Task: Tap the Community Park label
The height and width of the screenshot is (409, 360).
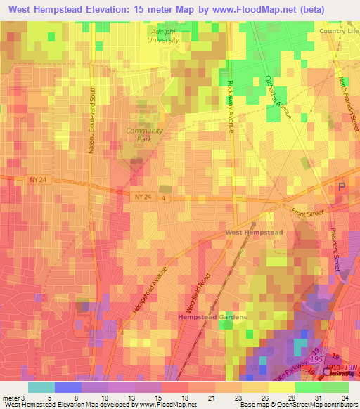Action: point(144,135)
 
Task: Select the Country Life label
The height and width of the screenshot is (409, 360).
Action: point(339,32)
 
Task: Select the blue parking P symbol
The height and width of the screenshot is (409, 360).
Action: point(342,187)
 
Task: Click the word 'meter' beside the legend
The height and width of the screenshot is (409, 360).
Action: point(12,396)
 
